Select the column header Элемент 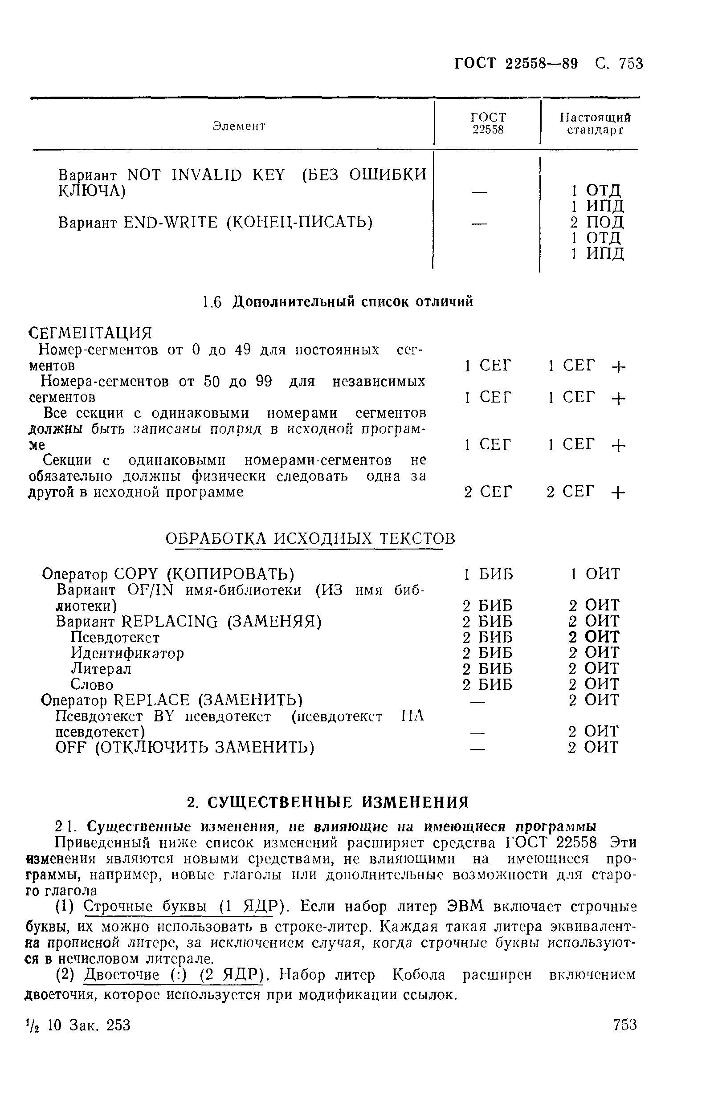coord(239,126)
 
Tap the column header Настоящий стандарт coord(596,124)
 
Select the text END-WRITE coord(171,223)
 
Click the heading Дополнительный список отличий coord(352,302)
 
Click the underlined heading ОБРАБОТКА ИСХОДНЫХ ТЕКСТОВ coord(310,538)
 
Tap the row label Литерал coord(101,669)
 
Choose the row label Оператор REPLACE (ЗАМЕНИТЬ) coord(172,700)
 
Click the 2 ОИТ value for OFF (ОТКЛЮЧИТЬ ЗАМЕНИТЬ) coord(594,748)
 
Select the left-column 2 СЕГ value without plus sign coord(488,492)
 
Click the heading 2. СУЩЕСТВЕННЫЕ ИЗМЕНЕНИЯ coord(328,802)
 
